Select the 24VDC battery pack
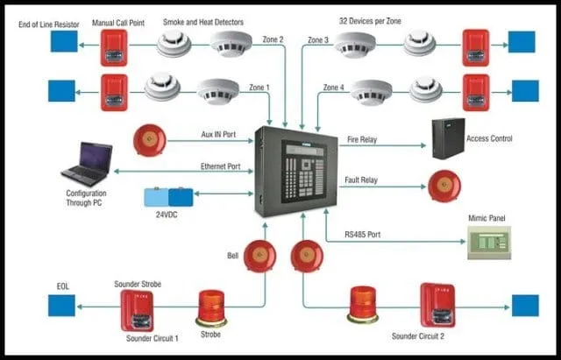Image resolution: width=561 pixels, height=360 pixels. pos(167,198)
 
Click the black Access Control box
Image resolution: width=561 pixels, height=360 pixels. pos(454,138)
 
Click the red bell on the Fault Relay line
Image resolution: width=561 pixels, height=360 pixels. pos(444,186)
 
